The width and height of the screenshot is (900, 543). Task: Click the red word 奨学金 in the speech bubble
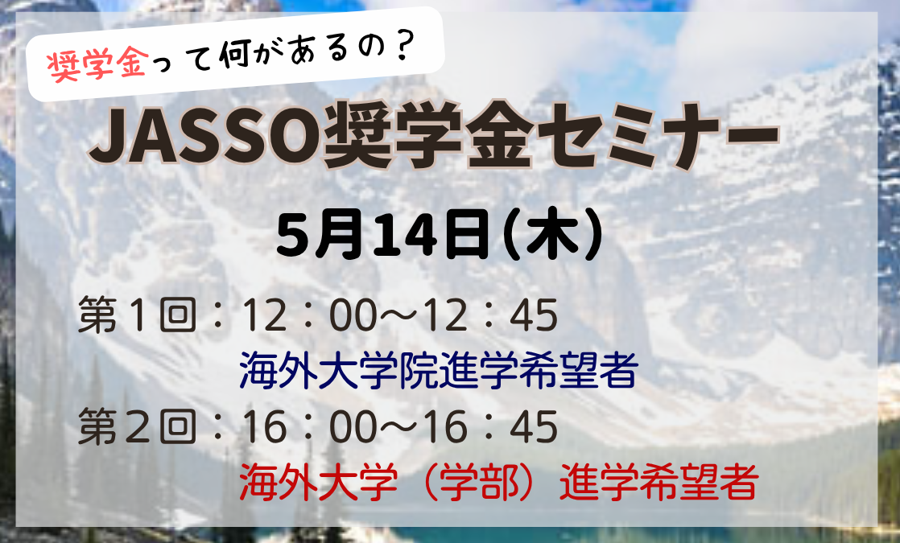97,67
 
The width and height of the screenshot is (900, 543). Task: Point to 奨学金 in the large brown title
425,137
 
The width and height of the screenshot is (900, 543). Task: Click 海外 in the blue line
279,370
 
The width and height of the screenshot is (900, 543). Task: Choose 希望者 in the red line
699,482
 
